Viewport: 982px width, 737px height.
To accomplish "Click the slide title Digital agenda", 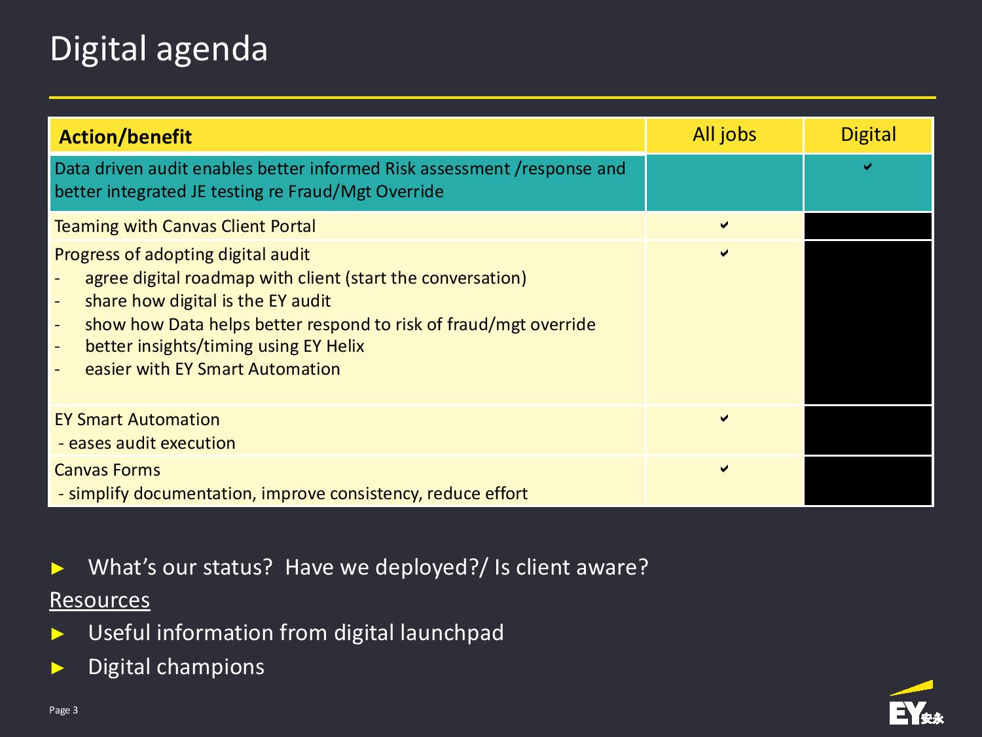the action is [x=159, y=49].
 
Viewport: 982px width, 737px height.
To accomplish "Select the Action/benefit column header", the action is [x=125, y=136].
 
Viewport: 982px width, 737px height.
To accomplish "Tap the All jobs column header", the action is [x=724, y=135].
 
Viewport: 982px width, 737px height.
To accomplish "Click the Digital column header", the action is [x=868, y=135].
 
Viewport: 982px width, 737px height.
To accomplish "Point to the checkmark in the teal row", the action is [x=867, y=167].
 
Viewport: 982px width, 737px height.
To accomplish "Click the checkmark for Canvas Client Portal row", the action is [x=724, y=225].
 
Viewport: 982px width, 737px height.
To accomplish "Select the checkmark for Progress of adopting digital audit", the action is [x=724, y=253].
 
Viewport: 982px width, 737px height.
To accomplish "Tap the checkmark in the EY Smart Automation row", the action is [x=724, y=418].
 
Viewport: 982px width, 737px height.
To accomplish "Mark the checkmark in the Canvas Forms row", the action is [x=724, y=468].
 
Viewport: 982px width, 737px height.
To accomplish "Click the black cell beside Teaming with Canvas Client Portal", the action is [x=868, y=226].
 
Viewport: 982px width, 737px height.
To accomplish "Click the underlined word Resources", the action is [x=100, y=600].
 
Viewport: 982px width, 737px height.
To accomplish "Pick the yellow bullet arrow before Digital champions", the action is [x=57, y=668].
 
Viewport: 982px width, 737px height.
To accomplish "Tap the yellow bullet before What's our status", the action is [x=57, y=568].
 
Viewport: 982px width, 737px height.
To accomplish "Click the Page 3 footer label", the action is [x=64, y=710].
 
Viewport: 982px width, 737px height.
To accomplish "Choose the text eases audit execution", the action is [x=152, y=443].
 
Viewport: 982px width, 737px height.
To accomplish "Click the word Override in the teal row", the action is [x=410, y=191].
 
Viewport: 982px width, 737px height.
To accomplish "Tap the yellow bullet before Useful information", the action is [x=57, y=633].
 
